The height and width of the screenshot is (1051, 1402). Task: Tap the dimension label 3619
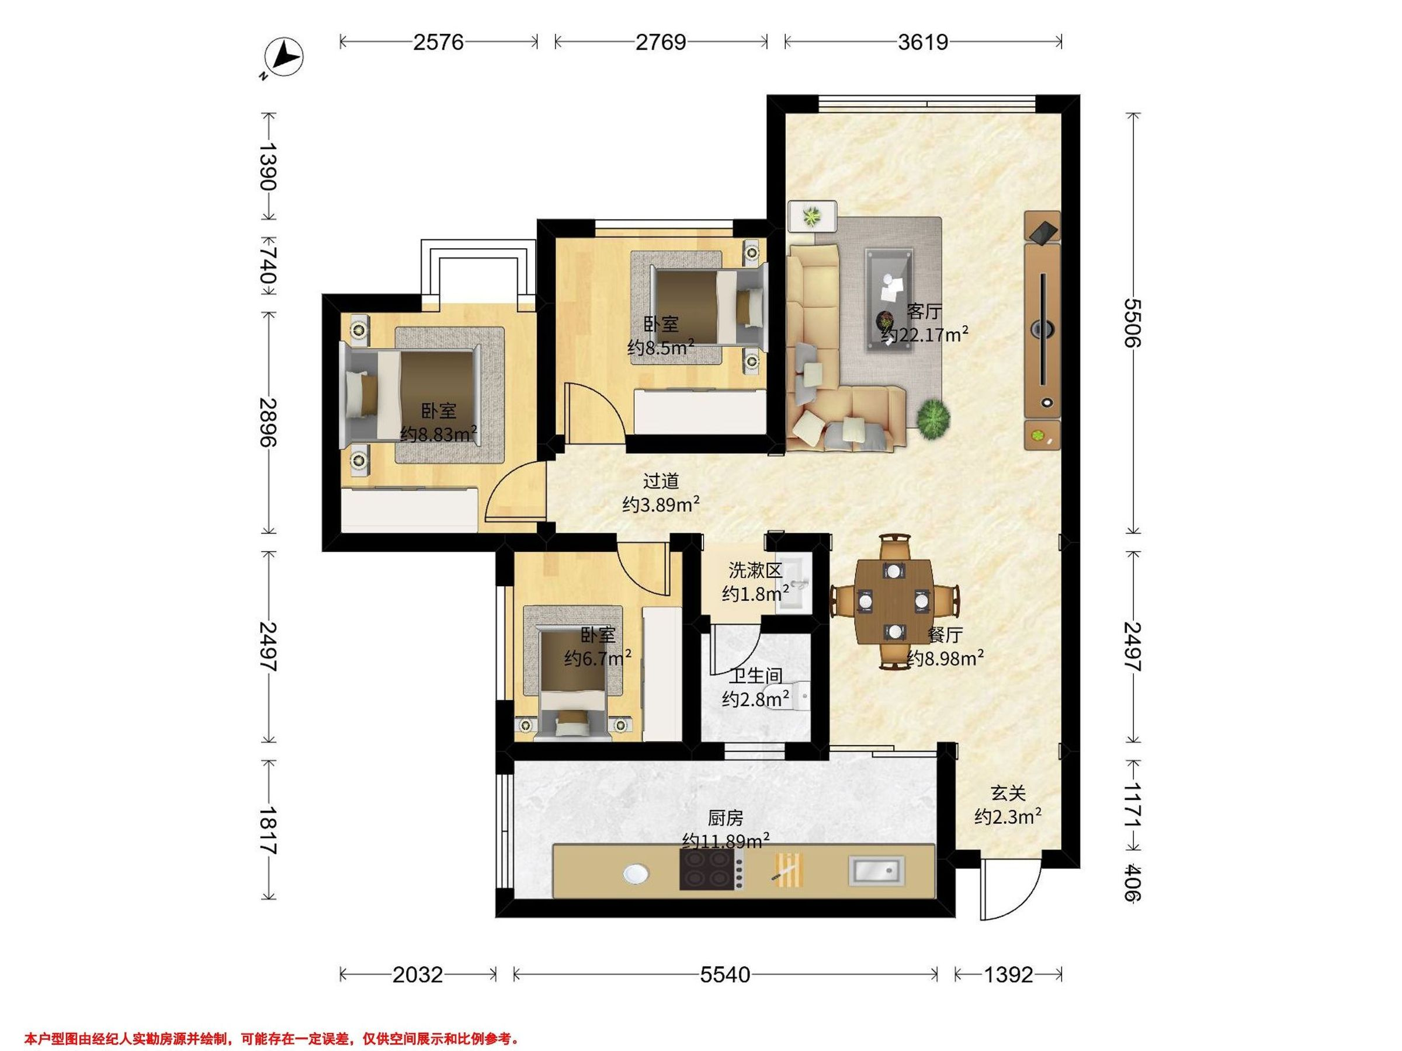(x=923, y=42)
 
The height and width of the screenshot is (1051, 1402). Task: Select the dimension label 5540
(x=725, y=975)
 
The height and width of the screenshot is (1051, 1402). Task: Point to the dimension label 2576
(x=439, y=42)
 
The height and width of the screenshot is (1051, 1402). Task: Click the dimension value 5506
(x=1132, y=322)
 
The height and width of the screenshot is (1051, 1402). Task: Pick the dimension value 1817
(x=269, y=830)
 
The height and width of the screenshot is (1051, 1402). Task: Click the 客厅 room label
(x=924, y=312)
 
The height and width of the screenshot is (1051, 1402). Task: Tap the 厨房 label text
(x=725, y=819)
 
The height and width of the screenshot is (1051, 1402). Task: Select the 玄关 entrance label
(x=1008, y=793)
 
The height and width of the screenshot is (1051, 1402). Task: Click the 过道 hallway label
(x=661, y=482)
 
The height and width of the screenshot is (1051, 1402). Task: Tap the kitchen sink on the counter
(x=877, y=871)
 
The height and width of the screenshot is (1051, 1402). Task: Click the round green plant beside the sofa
(x=933, y=418)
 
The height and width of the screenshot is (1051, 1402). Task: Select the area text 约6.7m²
(x=597, y=659)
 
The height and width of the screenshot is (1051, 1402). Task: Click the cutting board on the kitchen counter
(x=790, y=869)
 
